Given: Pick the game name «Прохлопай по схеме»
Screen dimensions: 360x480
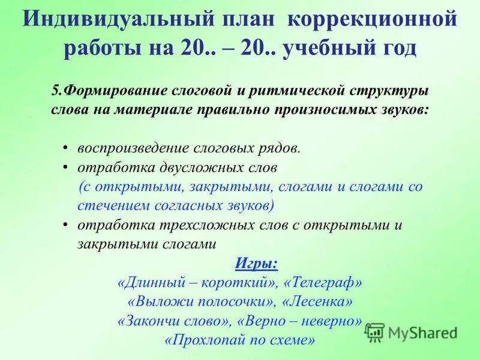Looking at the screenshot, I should tap(239, 340).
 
